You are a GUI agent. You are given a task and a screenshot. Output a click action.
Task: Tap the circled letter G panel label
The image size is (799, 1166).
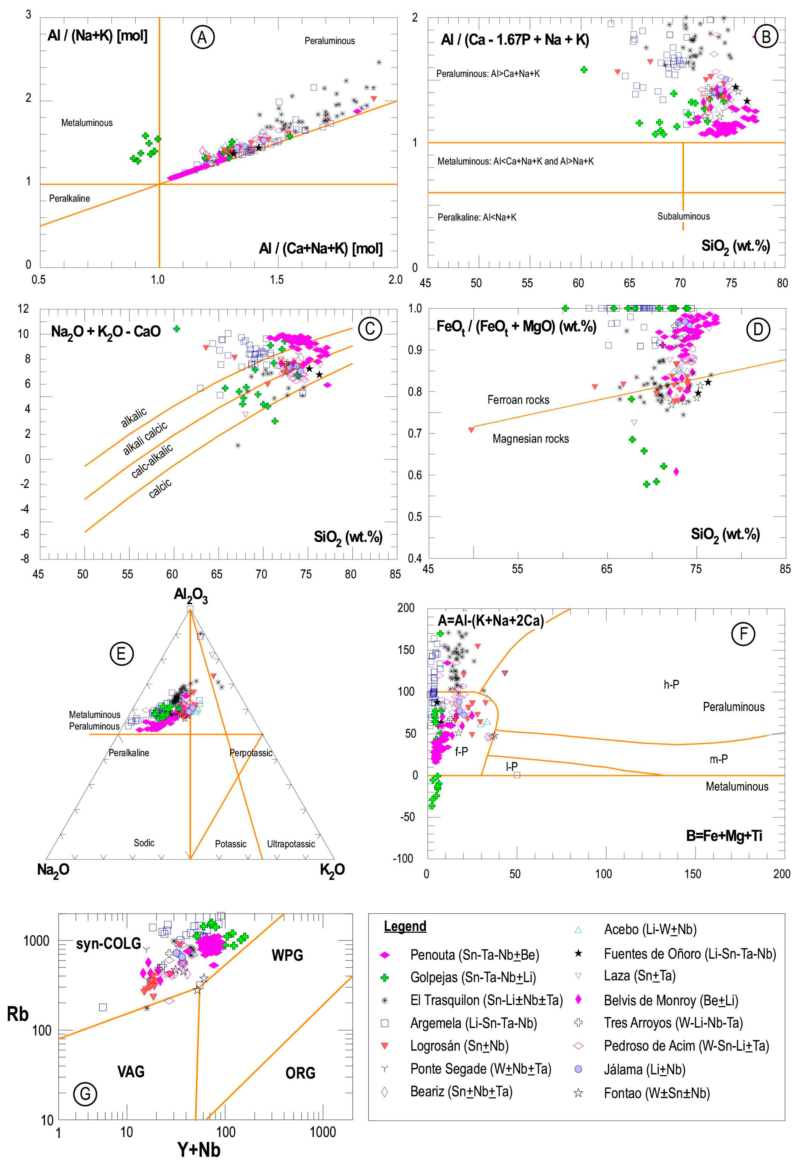[x=85, y=1094]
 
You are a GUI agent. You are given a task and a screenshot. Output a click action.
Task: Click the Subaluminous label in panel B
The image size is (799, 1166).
[x=683, y=216]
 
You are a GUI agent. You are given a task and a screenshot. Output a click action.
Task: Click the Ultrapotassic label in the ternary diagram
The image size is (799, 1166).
[x=291, y=844]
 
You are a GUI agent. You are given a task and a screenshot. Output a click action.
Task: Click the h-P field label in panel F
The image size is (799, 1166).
[x=671, y=684]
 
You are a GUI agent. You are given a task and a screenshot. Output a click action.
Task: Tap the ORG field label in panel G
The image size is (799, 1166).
[x=300, y=1073]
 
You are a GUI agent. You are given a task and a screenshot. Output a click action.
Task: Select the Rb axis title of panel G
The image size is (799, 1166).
[x=18, y=1014]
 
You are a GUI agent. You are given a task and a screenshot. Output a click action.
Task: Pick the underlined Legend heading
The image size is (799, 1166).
[x=405, y=926]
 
